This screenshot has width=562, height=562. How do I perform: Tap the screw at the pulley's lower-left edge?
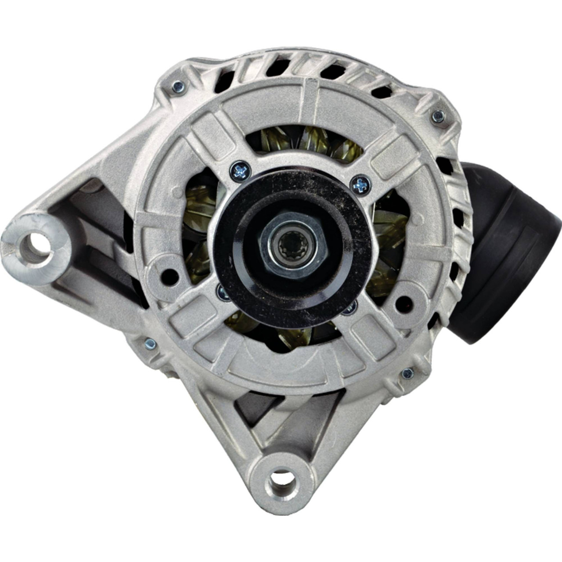coord(223,292)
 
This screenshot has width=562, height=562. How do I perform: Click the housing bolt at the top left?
coord(178,86)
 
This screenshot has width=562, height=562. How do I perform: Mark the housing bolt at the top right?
coord(438,115)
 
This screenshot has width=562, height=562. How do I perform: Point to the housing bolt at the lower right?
coord(407,374)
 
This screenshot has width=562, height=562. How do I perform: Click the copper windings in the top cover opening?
coord(307,140)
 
